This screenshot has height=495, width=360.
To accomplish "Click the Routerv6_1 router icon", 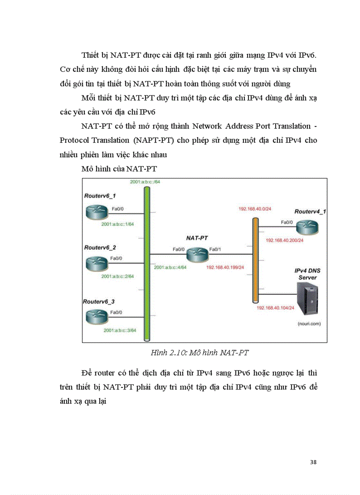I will click(97, 213).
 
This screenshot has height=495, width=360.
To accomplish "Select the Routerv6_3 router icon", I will click(96, 316).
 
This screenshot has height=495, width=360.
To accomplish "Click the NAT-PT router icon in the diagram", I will click(197, 254).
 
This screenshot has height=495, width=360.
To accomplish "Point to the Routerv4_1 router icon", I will click(307, 227).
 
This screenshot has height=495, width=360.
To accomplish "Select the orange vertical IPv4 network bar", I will click(255, 260).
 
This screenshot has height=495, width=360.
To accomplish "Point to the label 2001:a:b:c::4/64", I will click(170, 268).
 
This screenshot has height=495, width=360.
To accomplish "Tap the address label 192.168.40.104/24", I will click(275, 308).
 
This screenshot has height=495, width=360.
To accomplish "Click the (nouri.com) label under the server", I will click(308, 324).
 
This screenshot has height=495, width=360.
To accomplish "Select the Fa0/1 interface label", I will click(215, 249).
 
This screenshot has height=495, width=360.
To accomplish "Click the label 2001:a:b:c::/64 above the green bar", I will click(145, 182).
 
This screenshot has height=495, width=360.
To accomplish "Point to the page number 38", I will click(313, 462).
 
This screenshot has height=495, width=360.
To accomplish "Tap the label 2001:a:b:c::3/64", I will click(120, 330).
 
